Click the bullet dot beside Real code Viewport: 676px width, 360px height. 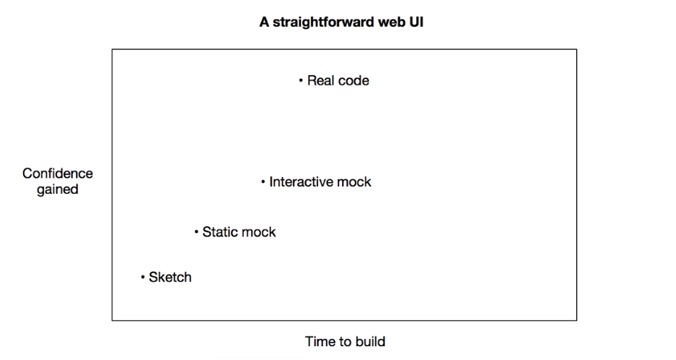[301, 80]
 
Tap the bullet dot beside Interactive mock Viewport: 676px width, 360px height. [263, 182]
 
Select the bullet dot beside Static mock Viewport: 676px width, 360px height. [196, 232]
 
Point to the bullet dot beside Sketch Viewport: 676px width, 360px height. [142, 277]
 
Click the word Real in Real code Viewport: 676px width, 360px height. [320, 81]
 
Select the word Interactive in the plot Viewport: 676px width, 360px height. [301, 182]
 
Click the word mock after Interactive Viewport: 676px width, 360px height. [354, 182]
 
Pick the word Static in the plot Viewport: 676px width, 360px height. [218, 232]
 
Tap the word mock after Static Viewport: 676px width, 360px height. [258, 232]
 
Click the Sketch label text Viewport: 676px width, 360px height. [170, 277]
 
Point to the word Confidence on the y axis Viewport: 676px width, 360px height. [57, 173]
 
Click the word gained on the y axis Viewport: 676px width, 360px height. [57, 189]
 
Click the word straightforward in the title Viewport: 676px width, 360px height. [323, 22]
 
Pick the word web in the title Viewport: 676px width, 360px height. [390, 22]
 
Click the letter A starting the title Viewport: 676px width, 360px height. [265, 22]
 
